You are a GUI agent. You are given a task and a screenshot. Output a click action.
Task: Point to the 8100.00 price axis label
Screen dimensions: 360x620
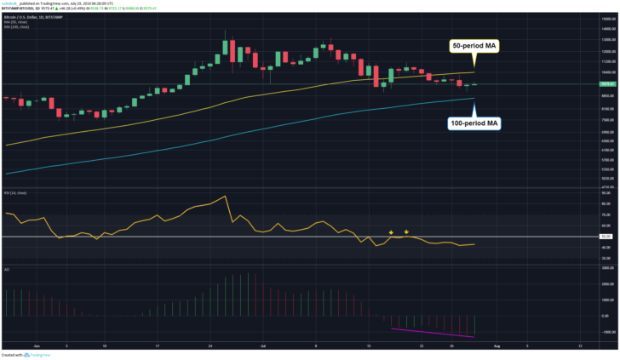point(606,107)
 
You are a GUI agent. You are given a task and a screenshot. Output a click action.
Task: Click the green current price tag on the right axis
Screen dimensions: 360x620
point(606,84)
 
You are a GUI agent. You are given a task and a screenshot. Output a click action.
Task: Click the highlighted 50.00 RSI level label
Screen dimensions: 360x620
point(606,236)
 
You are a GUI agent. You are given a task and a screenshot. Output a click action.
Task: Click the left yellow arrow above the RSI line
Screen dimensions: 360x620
point(391,231)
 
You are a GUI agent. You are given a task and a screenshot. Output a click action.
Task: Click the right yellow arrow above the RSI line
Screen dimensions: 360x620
point(407,231)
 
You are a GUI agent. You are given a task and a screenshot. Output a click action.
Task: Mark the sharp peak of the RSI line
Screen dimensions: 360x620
point(225,197)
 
